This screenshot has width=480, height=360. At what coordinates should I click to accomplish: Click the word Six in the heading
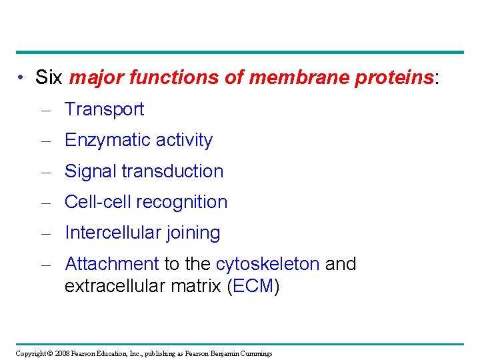[x=49, y=78]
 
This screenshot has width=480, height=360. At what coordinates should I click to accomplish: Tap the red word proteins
[x=394, y=78]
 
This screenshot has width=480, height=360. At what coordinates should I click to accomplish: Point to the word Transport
[x=104, y=109]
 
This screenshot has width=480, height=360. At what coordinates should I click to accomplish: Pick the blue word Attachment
[x=111, y=264]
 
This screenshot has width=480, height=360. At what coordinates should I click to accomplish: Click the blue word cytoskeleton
[x=267, y=264]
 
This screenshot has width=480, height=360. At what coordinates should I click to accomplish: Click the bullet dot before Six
[x=22, y=79]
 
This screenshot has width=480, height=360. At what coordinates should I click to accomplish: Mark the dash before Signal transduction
[x=46, y=172]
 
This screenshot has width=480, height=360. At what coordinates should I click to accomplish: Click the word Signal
[x=91, y=171]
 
